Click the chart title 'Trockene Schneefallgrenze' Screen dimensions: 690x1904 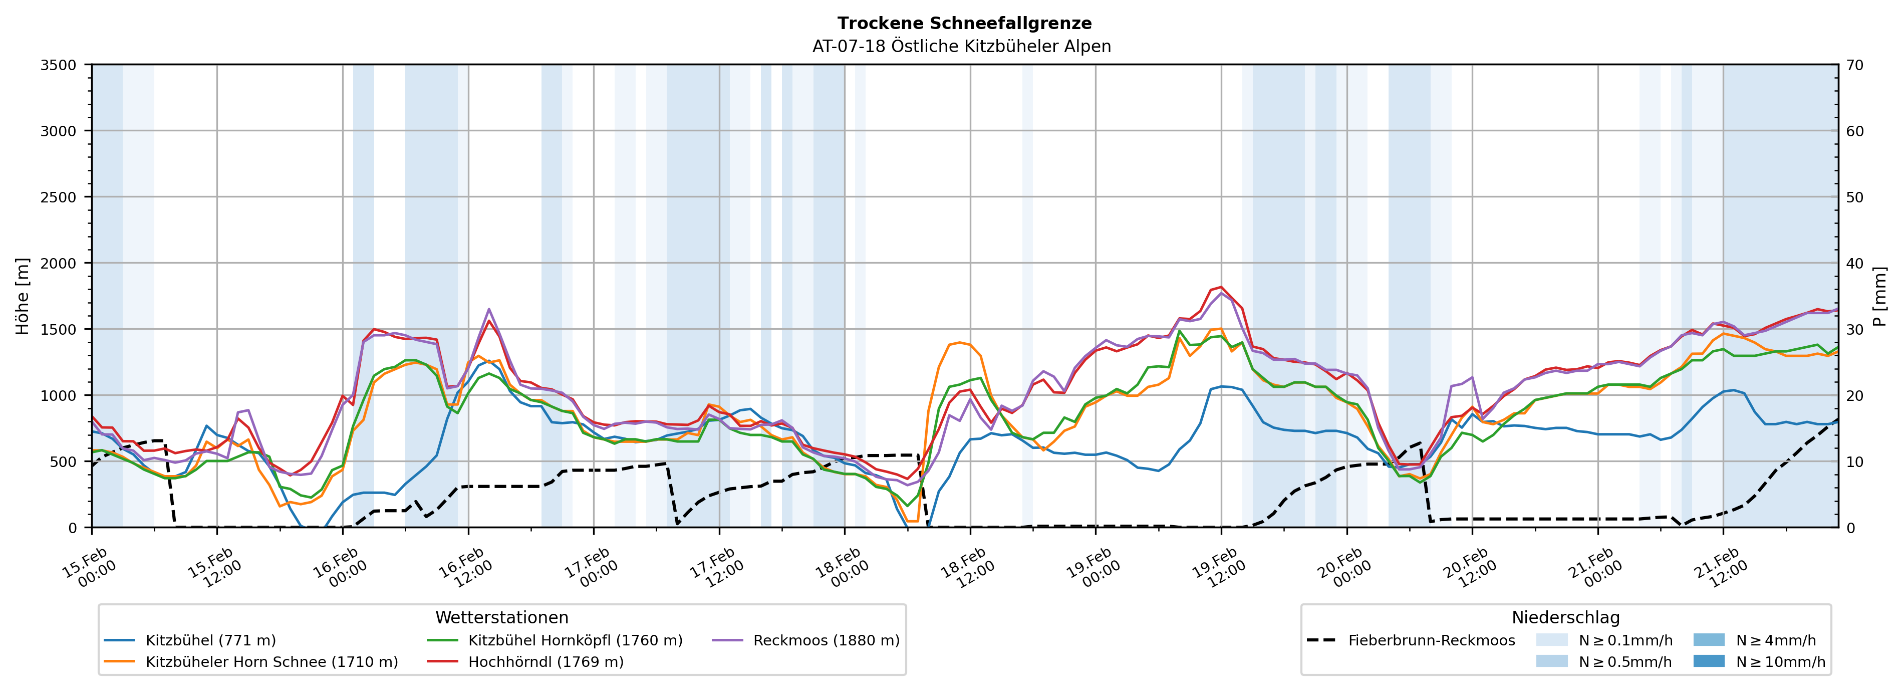click(964, 24)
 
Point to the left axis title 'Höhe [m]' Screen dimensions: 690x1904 click(23, 296)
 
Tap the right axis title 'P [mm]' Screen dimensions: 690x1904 click(1879, 296)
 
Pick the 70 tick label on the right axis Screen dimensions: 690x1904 click(1854, 65)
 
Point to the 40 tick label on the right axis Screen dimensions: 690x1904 click(1854, 263)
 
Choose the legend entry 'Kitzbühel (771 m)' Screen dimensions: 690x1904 click(211, 640)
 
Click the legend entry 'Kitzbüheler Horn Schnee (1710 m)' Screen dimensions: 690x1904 click(271, 662)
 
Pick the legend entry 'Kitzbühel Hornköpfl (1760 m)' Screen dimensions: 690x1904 click(575, 640)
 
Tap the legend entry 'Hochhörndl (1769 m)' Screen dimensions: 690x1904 click(546, 662)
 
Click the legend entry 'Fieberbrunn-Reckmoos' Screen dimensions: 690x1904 click(1431, 640)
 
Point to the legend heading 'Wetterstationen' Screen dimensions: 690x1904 click(502, 617)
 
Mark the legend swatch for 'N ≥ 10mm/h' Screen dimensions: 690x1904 click(1708, 661)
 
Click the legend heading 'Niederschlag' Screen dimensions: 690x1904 click(1565, 617)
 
